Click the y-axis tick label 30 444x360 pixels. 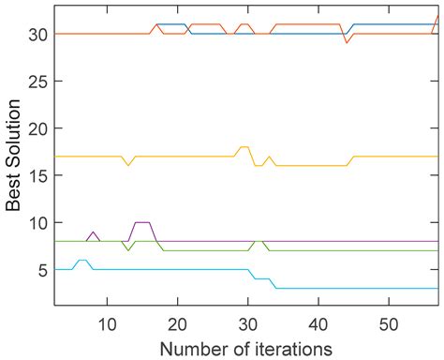coord(38,34)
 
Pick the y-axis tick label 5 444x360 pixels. coord(43,270)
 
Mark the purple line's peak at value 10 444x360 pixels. coord(142,222)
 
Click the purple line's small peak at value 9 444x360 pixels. coord(93,232)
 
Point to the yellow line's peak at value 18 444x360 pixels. coord(244,147)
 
